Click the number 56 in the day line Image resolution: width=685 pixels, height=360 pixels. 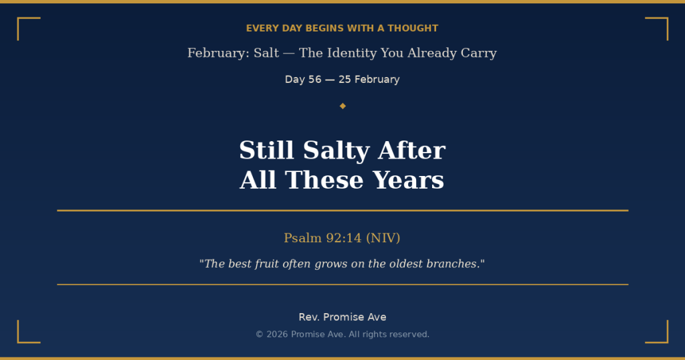(314, 80)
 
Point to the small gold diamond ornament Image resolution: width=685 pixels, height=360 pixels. (342, 106)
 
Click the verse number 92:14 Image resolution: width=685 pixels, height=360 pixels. (344, 238)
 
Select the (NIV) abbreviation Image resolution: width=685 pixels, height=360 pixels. (383, 238)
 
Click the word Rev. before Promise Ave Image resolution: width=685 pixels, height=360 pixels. (309, 317)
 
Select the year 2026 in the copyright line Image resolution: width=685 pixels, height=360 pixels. (277, 335)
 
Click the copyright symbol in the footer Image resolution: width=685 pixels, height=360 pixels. (260, 335)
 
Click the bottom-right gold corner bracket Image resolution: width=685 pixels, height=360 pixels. (662, 337)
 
